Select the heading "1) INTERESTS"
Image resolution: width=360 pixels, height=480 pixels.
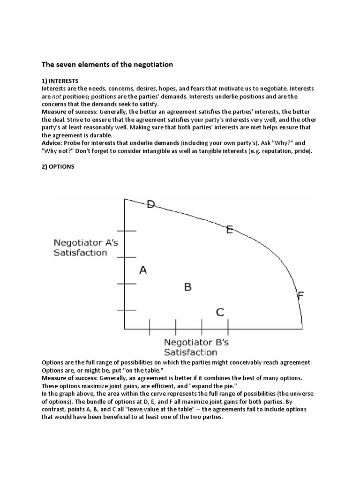click(x=60, y=81)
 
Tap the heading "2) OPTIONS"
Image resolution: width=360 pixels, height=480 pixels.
click(x=58, y=166)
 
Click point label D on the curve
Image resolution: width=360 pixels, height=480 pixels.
click(x=151, y=204)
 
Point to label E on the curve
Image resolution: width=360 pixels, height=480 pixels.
click(x=230, y=229)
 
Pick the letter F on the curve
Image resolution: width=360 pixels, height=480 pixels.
click(x=300, y=295)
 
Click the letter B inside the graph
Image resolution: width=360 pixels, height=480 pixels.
click(x=187, y=287)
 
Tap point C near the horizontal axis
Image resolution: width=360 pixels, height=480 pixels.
click(x=220, y=312)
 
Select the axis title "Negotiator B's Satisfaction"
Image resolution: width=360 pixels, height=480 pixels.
click(x=190, y=347)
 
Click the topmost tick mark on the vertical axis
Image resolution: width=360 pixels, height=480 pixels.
click(x=126, y=231)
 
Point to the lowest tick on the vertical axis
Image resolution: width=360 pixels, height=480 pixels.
click(x=126, y=310)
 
